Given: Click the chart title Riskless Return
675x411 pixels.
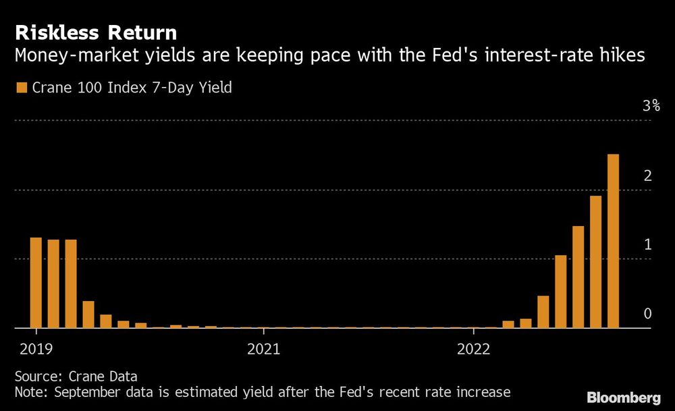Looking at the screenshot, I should pyautogui.click(x=96, y=32).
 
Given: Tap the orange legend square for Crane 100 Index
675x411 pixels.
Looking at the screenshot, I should pyautogui.click(x=20, y=88).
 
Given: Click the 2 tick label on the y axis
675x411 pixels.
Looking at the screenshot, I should pyautogui.click(x=647, y=175).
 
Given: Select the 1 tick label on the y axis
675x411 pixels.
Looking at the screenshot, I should pyautogui.click(x=647, y=244).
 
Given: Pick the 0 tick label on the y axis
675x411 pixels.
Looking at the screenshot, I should pyautogui.click(x=647, y=313).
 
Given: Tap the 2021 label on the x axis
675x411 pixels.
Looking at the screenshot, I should pyautogui.click(x=264, y=349).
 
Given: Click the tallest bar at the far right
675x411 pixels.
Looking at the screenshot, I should pyautogui.click(x=613, y=241).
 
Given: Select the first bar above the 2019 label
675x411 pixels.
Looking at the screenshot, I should pyautogui.click(x=36, y=283).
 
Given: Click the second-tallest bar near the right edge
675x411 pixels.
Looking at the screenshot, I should pyautogui.click(x=595, y=262).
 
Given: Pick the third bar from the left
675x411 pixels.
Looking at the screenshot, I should pyautogui.click(x=71, y=283).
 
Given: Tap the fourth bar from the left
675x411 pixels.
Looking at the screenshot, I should pyautogui.click(x=88, y=314).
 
